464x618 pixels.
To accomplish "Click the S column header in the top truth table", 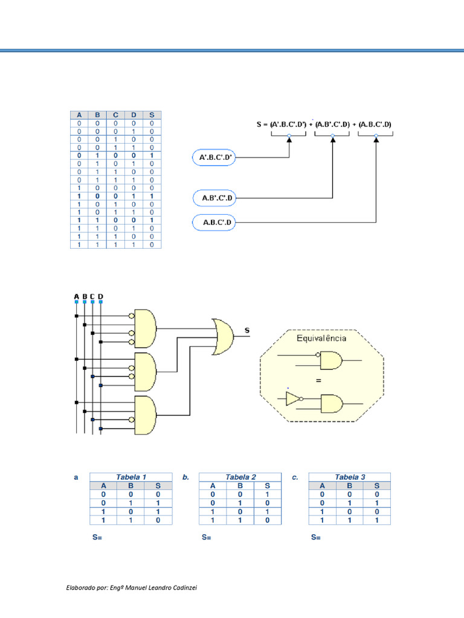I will pyautogui.click(x=152, y=114).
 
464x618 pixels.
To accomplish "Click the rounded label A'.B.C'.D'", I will pyautogui.click(x=215, y=158).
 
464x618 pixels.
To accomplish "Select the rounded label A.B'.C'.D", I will pyautogui.click(x=215, y=197).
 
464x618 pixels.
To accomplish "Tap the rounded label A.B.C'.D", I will pyautogui.click(x=215, y=223).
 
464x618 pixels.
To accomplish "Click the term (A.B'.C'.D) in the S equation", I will pyautogui.click(x=332, y=124).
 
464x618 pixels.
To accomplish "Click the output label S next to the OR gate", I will pyautogui.click(x=246, y=330).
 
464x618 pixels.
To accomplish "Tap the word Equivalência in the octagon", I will pyautogui.click(x=321, y=339).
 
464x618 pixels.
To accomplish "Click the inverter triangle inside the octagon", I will pyautogui.click(x=293, y=399).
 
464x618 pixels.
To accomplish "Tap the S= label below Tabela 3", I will pyautogui.click(x=316, y=537).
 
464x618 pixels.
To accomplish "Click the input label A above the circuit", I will pyautogui.click(x=76, y=296).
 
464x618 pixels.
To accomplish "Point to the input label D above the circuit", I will pyautogui.click(x=100, y=296).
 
